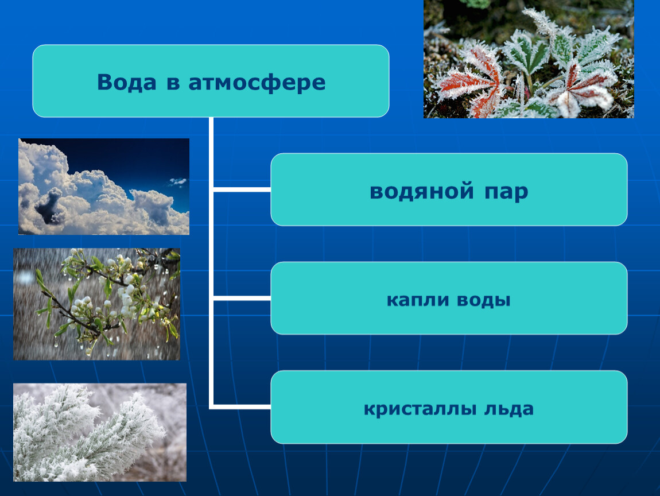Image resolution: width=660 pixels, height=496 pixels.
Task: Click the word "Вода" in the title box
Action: (x=126, y=82)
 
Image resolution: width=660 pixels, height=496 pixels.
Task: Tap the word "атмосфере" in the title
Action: (x=257, y=83)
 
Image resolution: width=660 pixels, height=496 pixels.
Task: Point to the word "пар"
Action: (x=506, y=193)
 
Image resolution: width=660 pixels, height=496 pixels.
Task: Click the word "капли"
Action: (x=418, y=300)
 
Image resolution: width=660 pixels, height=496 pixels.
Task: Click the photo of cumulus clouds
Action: (x=104, y=187)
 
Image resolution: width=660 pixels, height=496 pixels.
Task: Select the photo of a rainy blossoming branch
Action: (x=97, y=304)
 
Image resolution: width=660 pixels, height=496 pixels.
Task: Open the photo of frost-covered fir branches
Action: (x=100, y=432)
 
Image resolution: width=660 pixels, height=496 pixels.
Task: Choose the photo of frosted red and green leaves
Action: (x=529, y=59)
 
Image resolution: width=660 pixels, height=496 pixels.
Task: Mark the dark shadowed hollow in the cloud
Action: (x=49, y=205)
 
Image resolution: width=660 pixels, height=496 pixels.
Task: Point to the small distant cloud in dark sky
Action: (x=178, y=182)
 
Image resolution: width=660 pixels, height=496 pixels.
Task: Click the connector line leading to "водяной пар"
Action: (x=242, y=190)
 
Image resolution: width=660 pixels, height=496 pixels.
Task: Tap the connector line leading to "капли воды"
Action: (x=242, y=299)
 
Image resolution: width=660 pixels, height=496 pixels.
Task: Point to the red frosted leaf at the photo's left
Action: (x=471, y=80)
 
